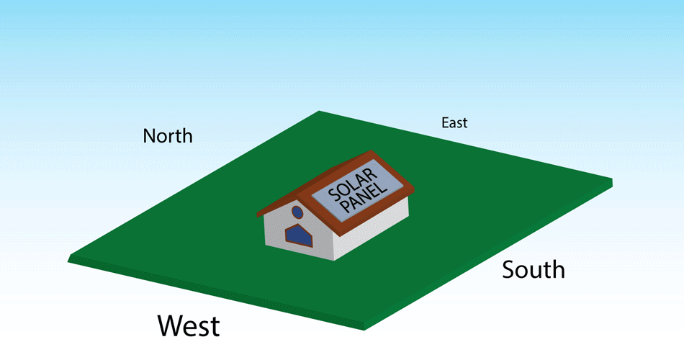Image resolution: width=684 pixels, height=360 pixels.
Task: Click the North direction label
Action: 168,136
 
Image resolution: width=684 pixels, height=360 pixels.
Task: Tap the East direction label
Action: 454,122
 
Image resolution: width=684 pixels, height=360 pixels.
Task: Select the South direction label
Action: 533,270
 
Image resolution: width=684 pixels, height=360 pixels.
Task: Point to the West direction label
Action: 189,325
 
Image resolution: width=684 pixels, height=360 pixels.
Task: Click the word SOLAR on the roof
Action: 353,184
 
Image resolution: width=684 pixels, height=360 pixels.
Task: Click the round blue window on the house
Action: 297,212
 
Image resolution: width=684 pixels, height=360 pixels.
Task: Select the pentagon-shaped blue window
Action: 299,235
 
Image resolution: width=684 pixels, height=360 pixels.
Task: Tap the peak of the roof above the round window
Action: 297,193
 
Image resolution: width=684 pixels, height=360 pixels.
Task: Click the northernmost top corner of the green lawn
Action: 319,112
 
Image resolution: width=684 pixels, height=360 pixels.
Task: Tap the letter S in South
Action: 508,270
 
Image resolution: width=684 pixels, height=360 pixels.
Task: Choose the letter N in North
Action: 149,136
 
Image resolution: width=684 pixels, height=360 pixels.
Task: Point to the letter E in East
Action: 445,122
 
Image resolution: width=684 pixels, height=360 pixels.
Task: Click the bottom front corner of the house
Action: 334,261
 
